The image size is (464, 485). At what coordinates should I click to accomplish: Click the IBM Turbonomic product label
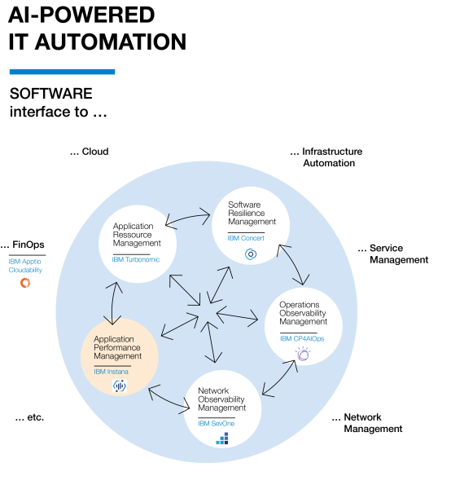136,259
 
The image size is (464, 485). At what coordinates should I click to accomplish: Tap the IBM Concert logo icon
251,254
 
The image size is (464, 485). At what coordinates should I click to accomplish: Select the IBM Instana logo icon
119,386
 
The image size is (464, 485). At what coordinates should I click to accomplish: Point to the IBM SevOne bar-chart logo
222,439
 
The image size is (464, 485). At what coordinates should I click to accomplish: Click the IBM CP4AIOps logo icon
303,354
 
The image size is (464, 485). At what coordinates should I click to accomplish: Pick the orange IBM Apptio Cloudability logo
25,283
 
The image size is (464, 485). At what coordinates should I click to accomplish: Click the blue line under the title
62,72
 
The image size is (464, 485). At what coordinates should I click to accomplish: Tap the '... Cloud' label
90,152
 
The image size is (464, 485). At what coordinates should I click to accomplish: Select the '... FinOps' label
22,245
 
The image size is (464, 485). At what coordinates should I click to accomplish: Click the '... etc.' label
29,417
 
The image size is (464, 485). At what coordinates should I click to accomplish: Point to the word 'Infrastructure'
332,152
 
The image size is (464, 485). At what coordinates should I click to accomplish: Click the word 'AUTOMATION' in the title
110,42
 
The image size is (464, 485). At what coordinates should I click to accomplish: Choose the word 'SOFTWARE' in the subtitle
51,94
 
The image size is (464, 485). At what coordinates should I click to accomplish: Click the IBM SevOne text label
217,423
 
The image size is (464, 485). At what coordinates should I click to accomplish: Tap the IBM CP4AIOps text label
302,339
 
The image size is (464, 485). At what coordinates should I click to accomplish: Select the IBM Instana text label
112,372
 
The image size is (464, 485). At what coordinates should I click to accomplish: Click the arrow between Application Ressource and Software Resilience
187,217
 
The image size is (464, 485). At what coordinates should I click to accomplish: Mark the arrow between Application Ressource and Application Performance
112,303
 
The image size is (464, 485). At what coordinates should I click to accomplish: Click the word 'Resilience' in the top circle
246,213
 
